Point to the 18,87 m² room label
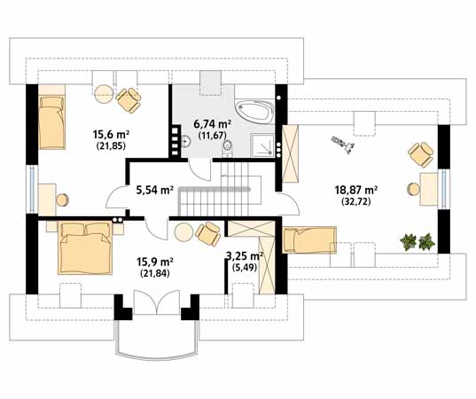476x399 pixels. [356, 190]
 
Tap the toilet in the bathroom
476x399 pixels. [230, 147]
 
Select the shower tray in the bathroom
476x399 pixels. [261, 143]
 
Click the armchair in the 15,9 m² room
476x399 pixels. [209, 234]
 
